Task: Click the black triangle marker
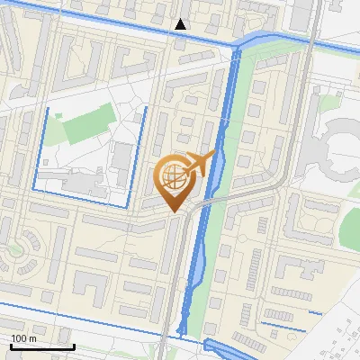181,24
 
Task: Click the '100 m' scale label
24,338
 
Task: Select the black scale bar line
42,346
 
